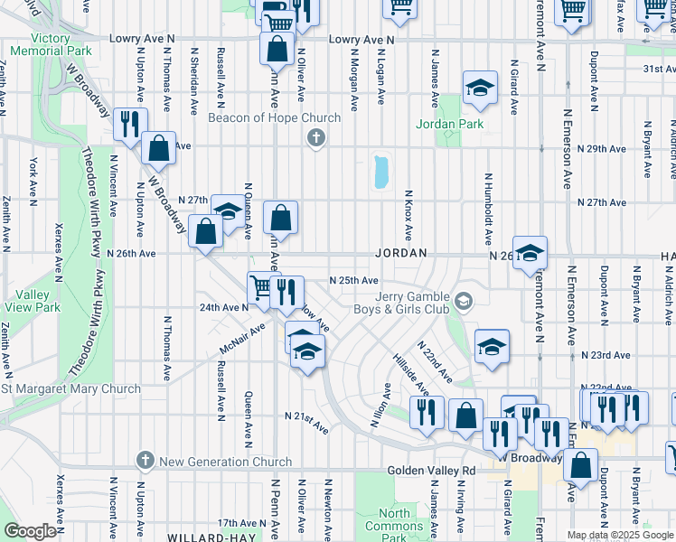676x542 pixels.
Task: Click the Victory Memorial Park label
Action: [x=50, y=44]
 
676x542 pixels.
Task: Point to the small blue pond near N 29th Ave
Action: [x=380, y=172]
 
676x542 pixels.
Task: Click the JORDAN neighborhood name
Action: [x=400, y=255]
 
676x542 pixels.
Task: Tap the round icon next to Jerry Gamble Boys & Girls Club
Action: [x=464, y=301]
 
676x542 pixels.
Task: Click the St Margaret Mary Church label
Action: [x=70, y=388]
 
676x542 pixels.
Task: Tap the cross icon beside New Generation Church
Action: [x=145, y=461]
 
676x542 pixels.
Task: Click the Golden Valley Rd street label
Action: [x=431, y=471]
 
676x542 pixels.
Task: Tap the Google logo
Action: [x=31, y=531]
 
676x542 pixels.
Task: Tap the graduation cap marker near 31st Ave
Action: [x=480, y=87]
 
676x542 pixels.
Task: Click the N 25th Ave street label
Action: [x=353, y=281]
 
